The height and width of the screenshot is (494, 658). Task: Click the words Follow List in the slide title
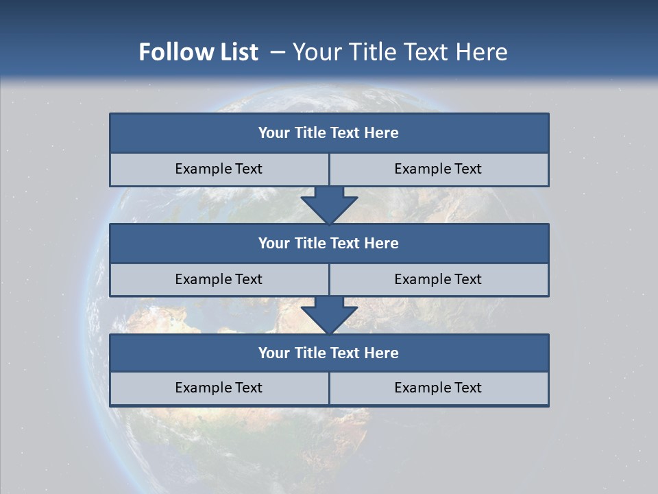[x=198, y=52]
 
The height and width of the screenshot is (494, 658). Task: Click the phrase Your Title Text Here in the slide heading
[x=400, y=52]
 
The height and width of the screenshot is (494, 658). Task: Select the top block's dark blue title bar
[x=329, y=133]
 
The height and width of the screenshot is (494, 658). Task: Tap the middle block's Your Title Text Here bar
[x=329, y=243]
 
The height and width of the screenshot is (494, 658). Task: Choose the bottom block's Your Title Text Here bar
[x=329, y=353]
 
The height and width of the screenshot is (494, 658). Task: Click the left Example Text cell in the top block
[x=219, y=169]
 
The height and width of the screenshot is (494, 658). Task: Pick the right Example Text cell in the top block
[x=438, y=169]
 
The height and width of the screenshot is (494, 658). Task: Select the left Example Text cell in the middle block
[x=219, y=279]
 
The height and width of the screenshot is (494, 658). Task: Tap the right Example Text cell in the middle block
[x=438, y=279]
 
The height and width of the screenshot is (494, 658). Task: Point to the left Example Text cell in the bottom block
[x=219, y=388]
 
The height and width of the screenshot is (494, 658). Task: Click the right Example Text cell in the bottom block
[x=438, y=388]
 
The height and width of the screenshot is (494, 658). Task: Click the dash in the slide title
[x=278, y=52]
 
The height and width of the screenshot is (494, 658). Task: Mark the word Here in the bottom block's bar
[x=381, y=353]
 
